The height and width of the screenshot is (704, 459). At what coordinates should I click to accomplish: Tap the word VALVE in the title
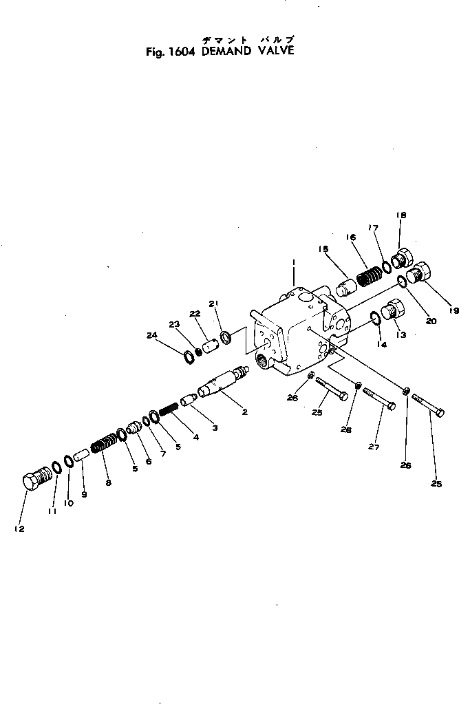(x=274, y=50)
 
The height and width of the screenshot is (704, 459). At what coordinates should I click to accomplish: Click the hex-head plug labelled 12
(x=36, y=478)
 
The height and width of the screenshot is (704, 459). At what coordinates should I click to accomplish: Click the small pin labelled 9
(x=81, y=456)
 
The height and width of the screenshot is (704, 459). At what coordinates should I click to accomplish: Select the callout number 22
(x=196, y=314)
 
